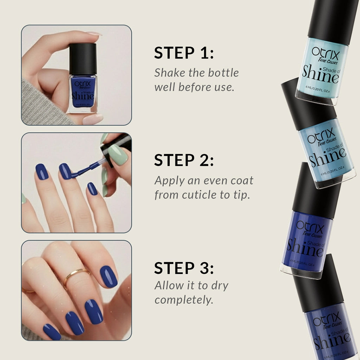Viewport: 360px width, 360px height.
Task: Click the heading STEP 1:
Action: click(184, 53)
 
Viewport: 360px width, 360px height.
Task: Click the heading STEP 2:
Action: click(184, 161)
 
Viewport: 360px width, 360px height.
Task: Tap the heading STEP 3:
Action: click(184, 268)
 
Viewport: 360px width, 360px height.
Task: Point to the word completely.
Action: click(184, 300)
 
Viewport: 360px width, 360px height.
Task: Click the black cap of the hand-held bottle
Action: click(83, 59)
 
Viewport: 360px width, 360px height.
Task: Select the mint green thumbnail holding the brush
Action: click(117, 154)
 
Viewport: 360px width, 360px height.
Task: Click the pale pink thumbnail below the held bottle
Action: click(92, 119)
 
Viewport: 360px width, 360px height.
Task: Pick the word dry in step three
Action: click(220, 285)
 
